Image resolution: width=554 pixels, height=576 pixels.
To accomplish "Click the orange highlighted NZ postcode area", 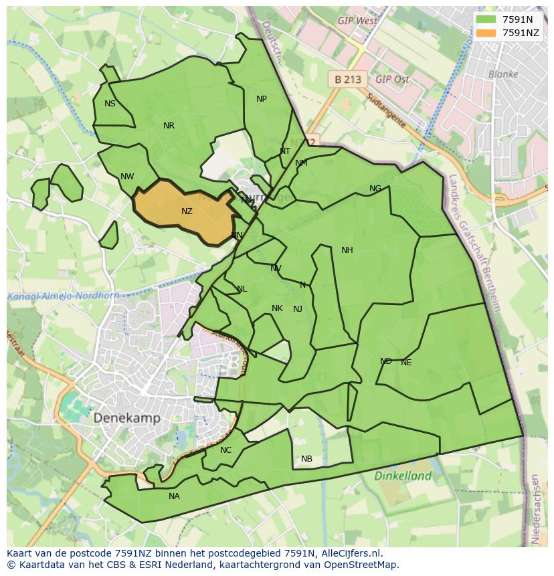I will (x=184, y=213).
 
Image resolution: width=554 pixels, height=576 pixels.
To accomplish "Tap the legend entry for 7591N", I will (x=517, y=19).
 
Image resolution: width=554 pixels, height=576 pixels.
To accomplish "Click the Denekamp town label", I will (x=126, y=418).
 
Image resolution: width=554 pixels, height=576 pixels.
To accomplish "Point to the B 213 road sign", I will (x=347, y=79).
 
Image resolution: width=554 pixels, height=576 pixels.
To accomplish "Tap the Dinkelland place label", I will (x=403, y=476).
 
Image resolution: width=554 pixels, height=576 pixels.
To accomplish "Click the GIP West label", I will (x=357, y=21).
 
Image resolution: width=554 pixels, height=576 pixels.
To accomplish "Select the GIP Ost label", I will (x=392, y=79).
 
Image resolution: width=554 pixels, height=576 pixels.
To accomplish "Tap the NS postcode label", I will (x=110, y=104).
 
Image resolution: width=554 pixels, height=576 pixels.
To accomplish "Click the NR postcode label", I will (x=169, y=126).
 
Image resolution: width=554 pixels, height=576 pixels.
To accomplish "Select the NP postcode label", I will (x=262, y=99).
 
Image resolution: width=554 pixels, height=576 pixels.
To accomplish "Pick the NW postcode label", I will (x=127, y=177).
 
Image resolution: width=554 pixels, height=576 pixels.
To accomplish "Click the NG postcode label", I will (x=375, y=189).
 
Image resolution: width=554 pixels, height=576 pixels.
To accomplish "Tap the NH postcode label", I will (x=347, y=250).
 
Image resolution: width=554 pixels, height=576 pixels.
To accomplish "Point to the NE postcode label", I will (x=406, y=363).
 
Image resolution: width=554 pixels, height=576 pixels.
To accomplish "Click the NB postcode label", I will (x=306, y=459).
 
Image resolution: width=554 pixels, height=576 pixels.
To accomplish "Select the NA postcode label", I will (x=174, y=496).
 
